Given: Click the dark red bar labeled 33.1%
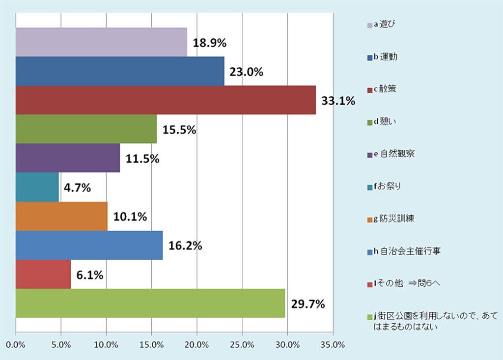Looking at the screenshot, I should [166, 100].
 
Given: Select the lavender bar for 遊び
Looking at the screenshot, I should [101, 42].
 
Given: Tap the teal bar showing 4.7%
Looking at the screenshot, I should [37, 187].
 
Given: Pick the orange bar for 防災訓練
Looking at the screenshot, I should [61, 216].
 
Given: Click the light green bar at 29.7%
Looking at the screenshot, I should [150, 303].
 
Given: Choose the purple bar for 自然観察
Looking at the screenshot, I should [68, 158].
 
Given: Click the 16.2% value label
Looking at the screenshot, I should [185, 246].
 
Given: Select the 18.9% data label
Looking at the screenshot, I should [209, 43].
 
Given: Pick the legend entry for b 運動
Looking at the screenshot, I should [386, 56].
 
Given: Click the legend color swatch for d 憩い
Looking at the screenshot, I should [370, 122].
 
